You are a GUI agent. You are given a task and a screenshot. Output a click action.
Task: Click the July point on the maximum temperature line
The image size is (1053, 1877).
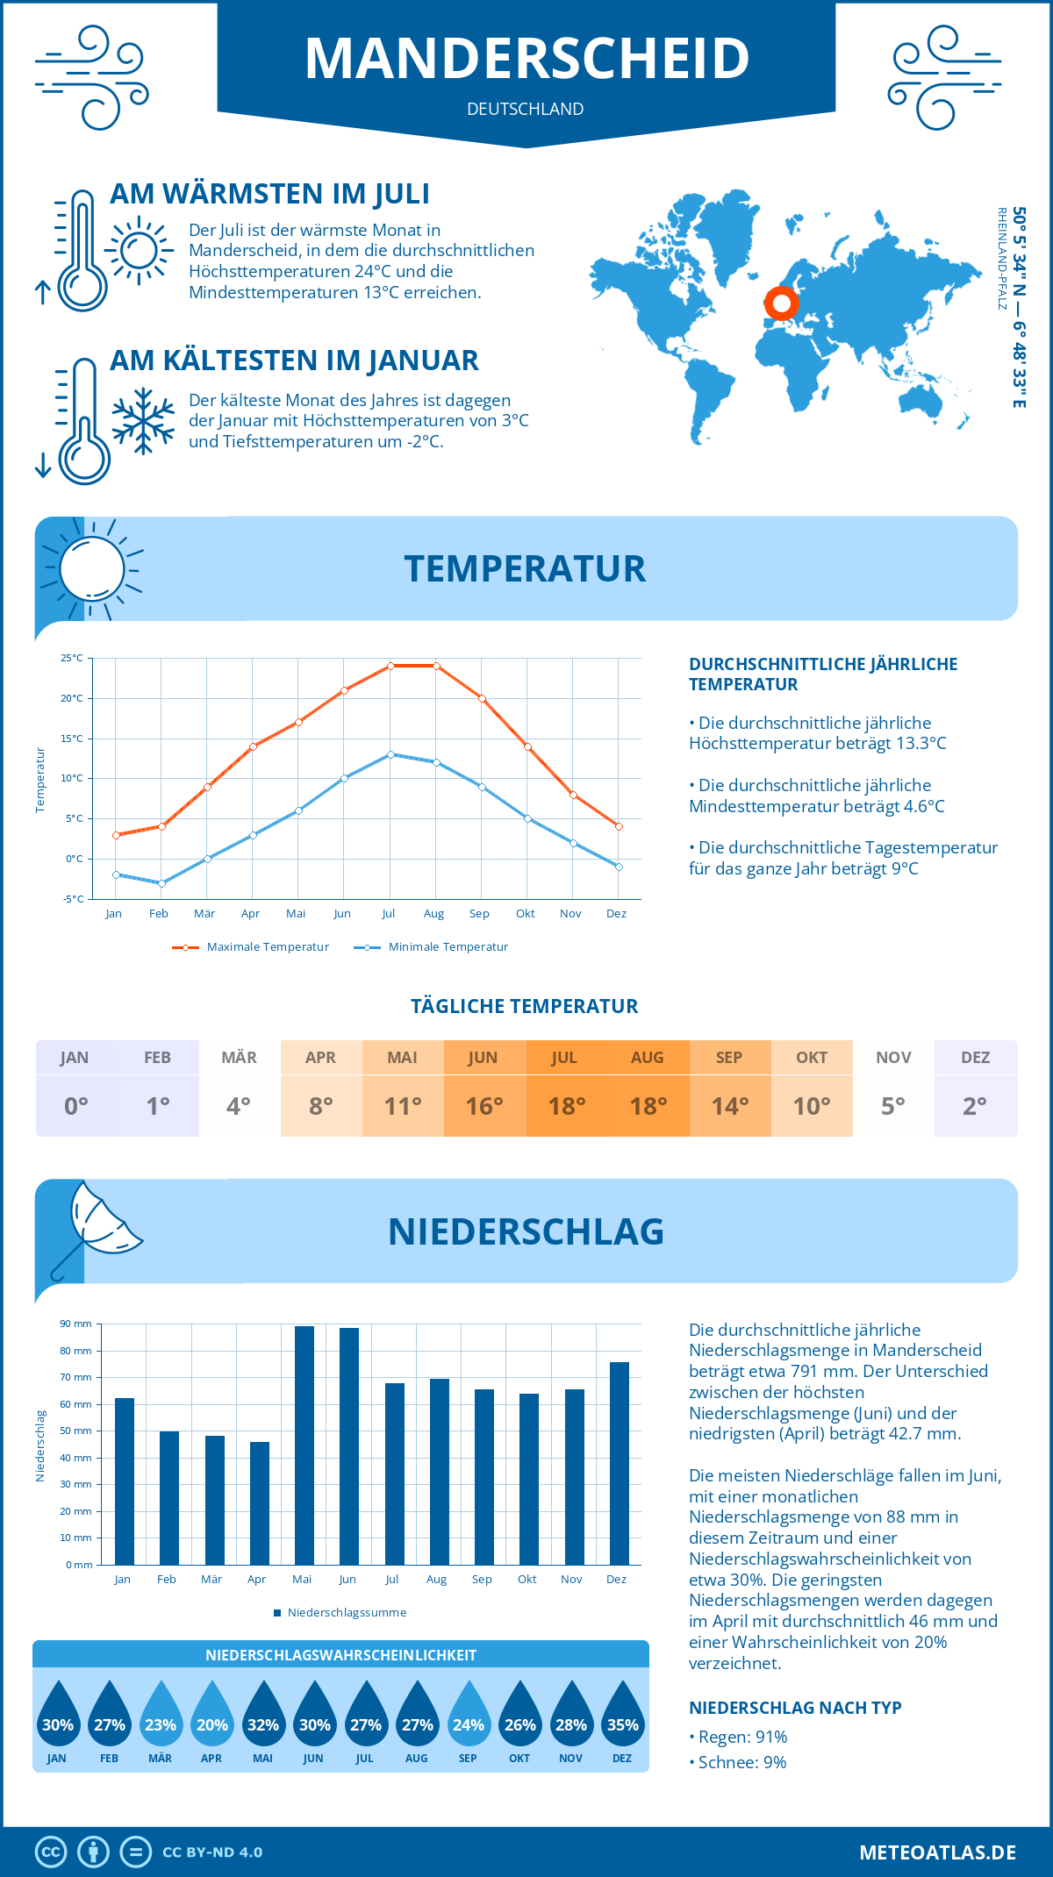point(390,666)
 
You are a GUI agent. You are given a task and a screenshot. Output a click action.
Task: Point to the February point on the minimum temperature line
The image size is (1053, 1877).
point(161,883)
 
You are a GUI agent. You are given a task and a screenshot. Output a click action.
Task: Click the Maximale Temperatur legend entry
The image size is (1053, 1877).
point(251,947)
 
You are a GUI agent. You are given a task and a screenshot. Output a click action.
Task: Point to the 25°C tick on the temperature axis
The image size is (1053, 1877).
point(72,658)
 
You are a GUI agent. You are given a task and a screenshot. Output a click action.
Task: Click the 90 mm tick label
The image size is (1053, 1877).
point(76,1324)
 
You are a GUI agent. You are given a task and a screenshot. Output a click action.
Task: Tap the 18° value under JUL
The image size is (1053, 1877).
point(566,1106)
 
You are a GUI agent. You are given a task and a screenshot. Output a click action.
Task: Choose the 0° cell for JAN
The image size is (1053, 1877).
point(75,1106)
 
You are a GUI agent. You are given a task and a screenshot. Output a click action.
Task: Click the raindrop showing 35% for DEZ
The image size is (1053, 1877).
point(622,1716)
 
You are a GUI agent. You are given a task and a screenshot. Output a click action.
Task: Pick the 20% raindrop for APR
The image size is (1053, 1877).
point(211,1716)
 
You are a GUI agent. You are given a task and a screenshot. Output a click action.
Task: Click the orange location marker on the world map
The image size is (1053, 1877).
point(781,303)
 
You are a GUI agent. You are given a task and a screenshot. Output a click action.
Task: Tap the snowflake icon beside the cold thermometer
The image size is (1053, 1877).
point(143,421)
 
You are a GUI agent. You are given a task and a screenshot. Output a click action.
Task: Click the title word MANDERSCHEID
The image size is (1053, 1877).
point(526,58)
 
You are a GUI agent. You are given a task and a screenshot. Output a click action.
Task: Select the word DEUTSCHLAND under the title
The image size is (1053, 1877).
point(525,109)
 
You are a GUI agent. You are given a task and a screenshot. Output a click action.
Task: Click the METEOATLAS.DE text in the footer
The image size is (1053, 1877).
point(937,1852)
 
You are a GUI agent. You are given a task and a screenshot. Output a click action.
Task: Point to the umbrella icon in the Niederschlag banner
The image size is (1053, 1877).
point(97,1224)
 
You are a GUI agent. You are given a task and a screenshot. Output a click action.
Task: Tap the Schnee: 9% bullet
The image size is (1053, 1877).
point(741,1762)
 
